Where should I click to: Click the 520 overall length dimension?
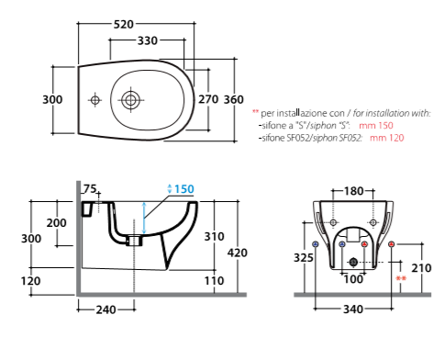point(124,24)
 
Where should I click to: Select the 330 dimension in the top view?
point(148,40)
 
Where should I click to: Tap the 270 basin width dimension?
point(208,99)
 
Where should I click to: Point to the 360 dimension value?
point(234,99)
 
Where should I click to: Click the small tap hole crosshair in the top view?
point(94,100)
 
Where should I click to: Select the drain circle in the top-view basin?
point(130,100)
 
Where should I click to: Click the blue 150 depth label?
point(184,189)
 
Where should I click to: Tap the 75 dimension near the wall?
point(90,189)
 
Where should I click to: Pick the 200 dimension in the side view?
point(57,222)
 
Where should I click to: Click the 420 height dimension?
point(238,253)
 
